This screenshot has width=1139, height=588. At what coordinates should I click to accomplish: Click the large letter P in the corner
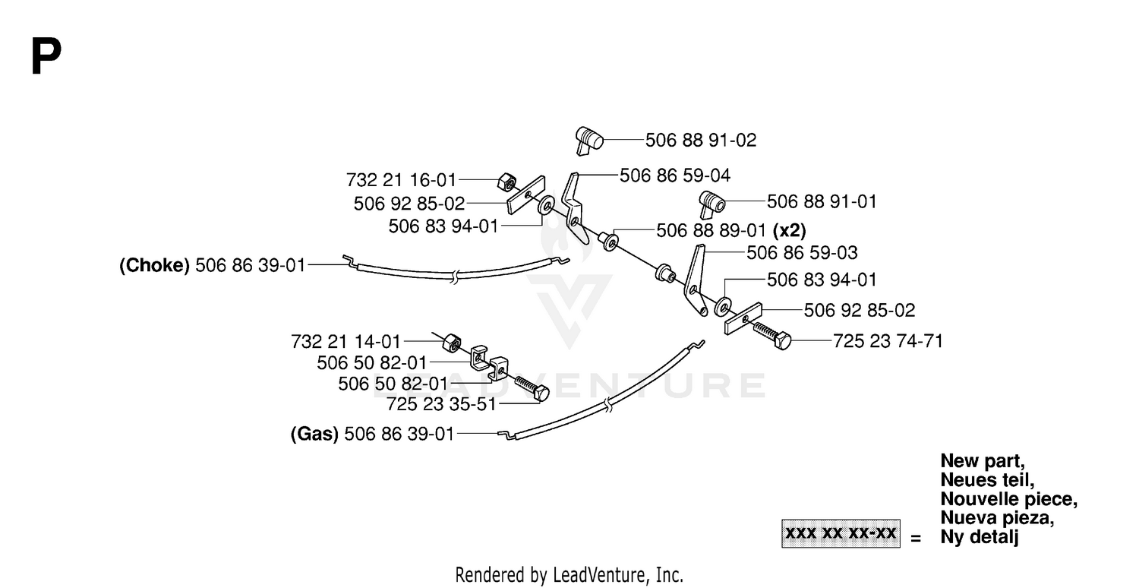pos(46,55)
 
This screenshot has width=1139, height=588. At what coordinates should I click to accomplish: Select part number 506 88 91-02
pos(701,141)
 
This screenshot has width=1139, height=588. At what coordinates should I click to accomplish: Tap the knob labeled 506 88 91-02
pos(588,140)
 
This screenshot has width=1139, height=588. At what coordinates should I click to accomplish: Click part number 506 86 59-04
pos(675,175)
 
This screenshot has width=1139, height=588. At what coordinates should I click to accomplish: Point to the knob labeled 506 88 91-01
pos(712,204)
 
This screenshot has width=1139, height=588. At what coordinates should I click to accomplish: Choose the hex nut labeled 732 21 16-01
pos(506,181)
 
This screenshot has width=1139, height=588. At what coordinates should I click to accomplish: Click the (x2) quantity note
pos(789,230)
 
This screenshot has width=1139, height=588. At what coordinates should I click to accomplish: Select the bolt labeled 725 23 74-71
pos(772,336)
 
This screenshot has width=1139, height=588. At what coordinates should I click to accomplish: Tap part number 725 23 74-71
pos(888,341)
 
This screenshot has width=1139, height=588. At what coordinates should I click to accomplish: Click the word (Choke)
pos(155,265)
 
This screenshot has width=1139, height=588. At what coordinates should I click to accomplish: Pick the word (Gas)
pos(314,434)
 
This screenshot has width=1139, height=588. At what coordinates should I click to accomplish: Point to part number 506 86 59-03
pos(802,253)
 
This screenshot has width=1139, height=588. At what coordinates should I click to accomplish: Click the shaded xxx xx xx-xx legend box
pos(841,533)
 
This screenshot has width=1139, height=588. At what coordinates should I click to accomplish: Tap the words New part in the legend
pos(983,461)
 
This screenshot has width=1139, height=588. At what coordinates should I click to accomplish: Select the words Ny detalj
pos(980,537)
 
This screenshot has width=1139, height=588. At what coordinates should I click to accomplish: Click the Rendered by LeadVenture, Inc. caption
pos(569,575)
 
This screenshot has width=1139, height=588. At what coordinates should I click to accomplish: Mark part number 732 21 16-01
pos(401,180)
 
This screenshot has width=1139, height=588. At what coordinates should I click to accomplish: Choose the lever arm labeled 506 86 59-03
pos(695,280)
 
